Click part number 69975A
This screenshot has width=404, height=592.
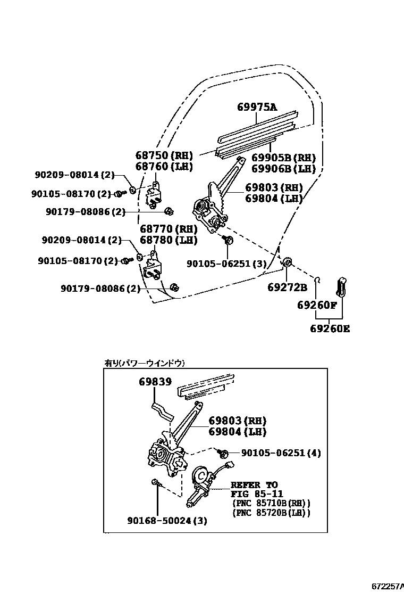[x=257, y=107]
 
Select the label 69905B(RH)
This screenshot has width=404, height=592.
[x=283, y=158]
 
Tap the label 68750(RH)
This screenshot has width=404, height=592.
[x=163, y=155]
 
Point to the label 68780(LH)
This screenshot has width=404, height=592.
[x=169, y=240]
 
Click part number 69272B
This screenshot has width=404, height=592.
[x=287, y=288]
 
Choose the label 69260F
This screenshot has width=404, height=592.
[x=317, y=306]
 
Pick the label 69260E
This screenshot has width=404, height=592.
[x=330, y=328]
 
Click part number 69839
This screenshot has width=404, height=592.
[x=140, y=382]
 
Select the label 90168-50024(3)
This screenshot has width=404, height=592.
[x=167, y=520]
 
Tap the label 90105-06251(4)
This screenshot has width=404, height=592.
[x=281, y=453]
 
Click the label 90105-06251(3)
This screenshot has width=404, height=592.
[x=226, y=264]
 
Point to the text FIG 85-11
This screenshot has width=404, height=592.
[x=254, y=494]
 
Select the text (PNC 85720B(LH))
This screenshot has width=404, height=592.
[x=271, y=513]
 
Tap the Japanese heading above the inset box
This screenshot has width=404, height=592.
[x=145, y=363]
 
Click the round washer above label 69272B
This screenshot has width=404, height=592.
[x=286, y=261]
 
